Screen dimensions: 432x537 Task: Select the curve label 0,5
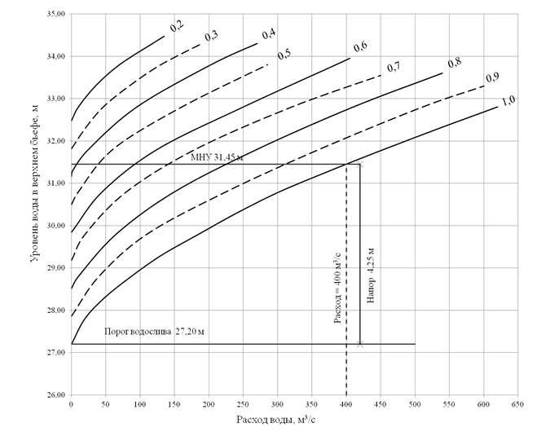pyautogui.click(x=284, y=55)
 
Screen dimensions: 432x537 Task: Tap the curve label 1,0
pyautogui.click(x=508, y=100)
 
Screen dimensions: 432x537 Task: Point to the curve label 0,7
pyautogui.click(x=394, y=66)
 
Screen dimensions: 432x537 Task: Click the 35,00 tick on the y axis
pyautogui.click(x=55, y=15)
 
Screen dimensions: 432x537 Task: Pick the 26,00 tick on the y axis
pyautogui.click(x=55, y=395)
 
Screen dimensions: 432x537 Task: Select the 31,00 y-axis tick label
pyautogui.click(x=55, y=183)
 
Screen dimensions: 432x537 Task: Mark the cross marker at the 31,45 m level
pyautogui.click(x=359, y=165)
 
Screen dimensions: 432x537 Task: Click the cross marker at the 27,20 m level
pyautogui.click(x=359, y=344)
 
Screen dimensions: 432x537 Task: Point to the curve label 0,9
pyautogui.click(x=492, y=77)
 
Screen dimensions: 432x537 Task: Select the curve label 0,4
pyautogui.click(x=267, y=34)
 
